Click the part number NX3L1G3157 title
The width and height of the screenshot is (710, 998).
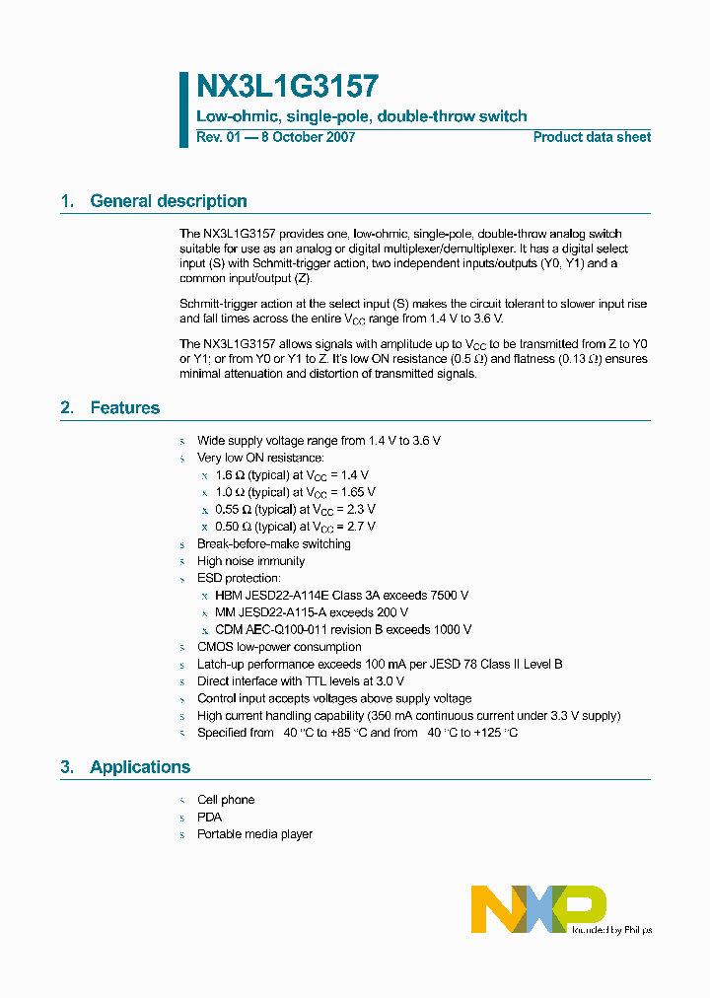pyautogui.click(x=287, y=87)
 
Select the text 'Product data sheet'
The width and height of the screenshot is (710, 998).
pyautogui.click(x=592, y=137)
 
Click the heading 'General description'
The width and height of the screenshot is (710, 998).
pyautogui.click(x=169, y=201)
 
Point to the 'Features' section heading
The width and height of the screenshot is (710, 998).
pyautogui.click(x=124, y=408)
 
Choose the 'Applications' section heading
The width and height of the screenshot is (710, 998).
pyautogui.click(x=140, y=767)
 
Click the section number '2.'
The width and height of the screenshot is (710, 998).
pyautogui.click(x=67, y=408)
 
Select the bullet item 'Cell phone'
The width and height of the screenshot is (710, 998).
pyautogui.click(x=226, y=800)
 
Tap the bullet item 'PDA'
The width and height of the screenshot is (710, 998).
pyautogui.click(x=209, y=817)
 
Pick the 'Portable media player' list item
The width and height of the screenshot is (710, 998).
pyautogui.click(x=254, y=834)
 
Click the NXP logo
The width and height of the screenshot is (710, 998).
pyautogui.click(x=537, y=907)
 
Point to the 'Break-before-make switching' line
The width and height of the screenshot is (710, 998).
pyautogui.click(x=273, y=544)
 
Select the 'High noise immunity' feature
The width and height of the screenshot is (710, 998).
pyautogui.click(x=250, y=561)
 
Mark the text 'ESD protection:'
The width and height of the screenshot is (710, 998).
pyautogui.click(x=239, y=578)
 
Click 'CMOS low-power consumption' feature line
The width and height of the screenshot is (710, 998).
pyautogui.click(x=279, y=647)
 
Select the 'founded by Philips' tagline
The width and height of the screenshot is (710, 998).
pyautogui.click(x=611, y=929)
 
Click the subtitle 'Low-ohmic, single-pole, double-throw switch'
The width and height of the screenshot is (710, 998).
pyautogui.click(x=362, y=116)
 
